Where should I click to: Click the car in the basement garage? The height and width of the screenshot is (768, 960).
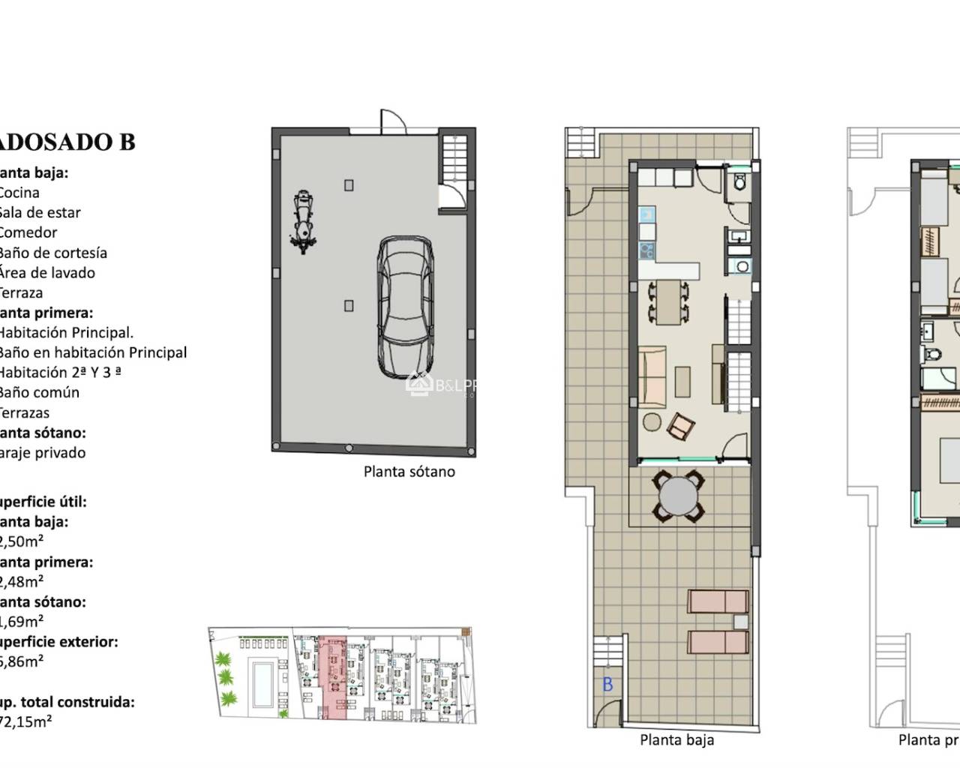pyautogui.click(x=406, y=307)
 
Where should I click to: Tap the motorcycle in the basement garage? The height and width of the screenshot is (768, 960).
pyautogui.click(x=302, y=222)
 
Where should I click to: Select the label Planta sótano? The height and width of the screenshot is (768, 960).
pyautogui.click(x=409, y=472)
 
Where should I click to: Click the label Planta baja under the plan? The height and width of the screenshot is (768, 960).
pyautogui.click(x=676, y=740)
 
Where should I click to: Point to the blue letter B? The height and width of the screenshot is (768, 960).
pyautogui.click(x=607, y=684)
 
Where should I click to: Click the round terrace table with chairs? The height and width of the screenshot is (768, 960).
pyautogui.click(x=678, y=496)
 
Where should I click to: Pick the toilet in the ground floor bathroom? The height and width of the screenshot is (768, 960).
pyautogui.click(x=739, y=183)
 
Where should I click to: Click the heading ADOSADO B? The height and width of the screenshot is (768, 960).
pyautogui.click(x=67, y=142)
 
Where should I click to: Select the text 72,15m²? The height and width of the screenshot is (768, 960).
pyautogui.click(x=26, y=722)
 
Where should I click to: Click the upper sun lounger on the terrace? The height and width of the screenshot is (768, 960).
pyautogui.click(x=718, y=601)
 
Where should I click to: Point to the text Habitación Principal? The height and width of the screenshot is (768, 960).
pyautogui.click(x=65, y=332)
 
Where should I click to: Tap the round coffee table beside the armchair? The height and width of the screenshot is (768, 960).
pyautogui.click(x=651, y=422)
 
